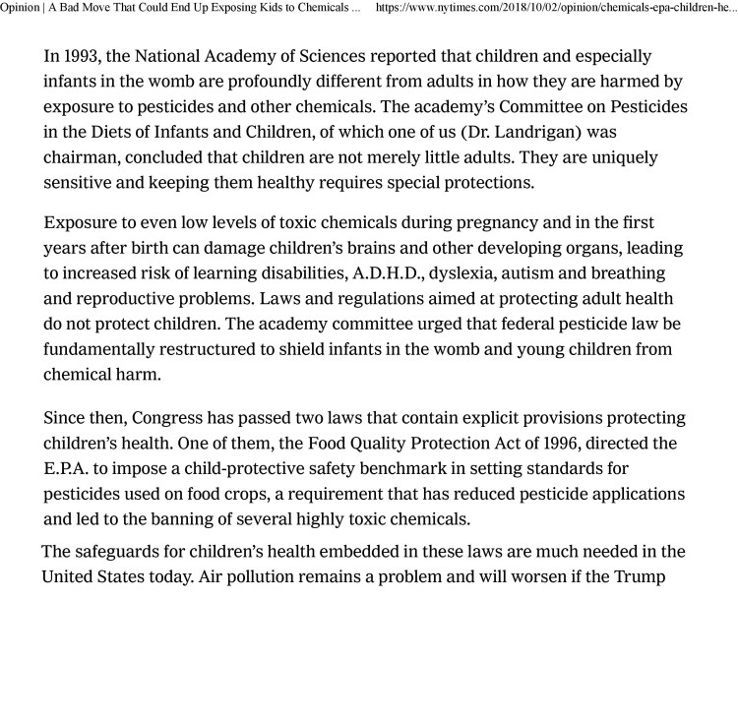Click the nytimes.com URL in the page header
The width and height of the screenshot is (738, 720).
coord(557,8)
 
